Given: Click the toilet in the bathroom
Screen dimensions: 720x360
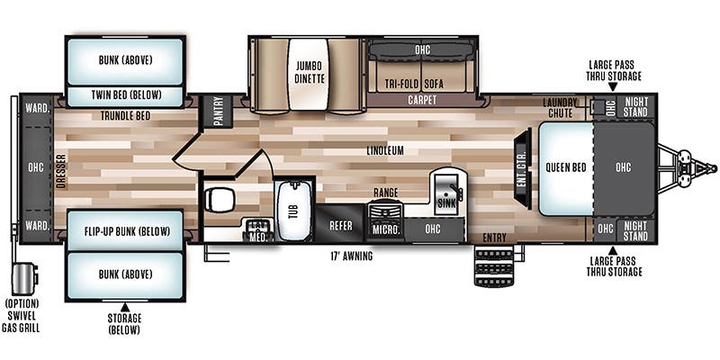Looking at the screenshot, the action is coord(219,200).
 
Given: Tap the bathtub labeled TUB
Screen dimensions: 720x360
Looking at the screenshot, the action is coord(294,211).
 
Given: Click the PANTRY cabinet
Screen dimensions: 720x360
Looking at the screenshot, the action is coord(218,112).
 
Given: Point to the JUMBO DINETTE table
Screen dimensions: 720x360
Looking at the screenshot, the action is coord(309,75).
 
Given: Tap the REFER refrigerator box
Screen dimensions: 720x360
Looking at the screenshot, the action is coord(341,226).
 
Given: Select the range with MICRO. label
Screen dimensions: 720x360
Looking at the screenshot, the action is coord(386,221).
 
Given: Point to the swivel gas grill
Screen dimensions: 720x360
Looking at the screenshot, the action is coord(24,279).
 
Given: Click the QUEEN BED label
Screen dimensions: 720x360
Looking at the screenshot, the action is coord(566,167).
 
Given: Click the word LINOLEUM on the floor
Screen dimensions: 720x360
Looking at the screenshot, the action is coord(385,150).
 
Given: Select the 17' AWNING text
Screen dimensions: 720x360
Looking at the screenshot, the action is coord(350,256).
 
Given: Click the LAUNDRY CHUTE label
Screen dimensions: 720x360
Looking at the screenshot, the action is coord(560,107).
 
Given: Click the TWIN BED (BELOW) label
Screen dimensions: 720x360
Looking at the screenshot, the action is coord(126,95).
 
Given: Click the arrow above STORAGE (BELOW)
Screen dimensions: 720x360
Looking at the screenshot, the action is coord(125,307).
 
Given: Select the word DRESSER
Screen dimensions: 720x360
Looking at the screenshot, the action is coord(61,171).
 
